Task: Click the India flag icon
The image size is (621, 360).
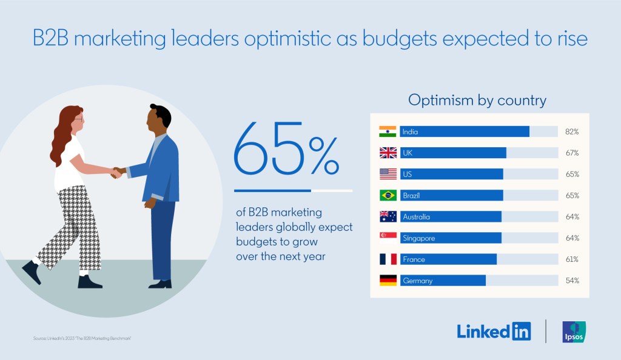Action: coord(388,132)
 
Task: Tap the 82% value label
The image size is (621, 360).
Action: coord(572,132)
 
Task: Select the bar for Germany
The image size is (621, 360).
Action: coord(443,281)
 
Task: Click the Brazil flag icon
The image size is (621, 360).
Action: coord(388,195)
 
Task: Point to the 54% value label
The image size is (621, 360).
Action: coord(572,281)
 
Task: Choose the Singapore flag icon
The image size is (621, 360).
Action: coord(388,238)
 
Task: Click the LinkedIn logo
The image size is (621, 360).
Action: coord(494,331)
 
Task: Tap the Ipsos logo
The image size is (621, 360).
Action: coord(574,332)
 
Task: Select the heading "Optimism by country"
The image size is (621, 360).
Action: coord(477,100)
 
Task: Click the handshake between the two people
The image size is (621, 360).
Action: coord(116,172)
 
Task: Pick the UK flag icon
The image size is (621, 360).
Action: coord(388,153)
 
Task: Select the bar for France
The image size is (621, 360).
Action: coord(448,259)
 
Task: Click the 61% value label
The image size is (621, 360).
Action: coord(572,259)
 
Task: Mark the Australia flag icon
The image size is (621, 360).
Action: coord(388,216)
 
